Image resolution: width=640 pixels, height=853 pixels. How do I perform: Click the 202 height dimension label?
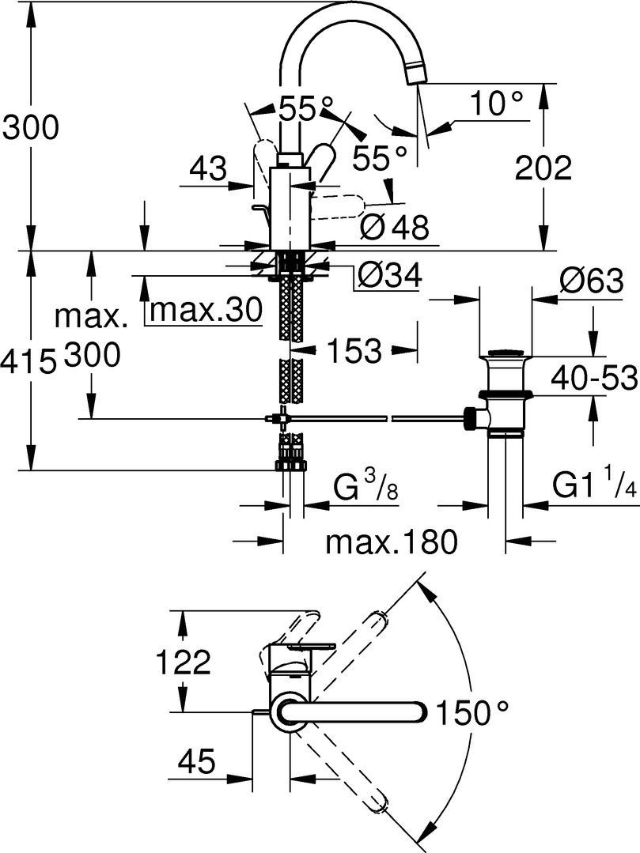tap(543, 168)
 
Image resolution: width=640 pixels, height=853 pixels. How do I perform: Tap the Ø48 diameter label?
tap(393, 228)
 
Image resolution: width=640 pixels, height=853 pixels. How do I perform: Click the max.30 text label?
tap(205, 311)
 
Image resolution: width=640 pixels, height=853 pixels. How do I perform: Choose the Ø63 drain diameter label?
tap(589, 281)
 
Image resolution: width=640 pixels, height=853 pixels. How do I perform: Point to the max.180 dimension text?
tap(392, 542)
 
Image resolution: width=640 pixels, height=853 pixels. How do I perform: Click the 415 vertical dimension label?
tap(28, 361)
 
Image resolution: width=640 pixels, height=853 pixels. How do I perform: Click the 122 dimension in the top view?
tap(183, 662)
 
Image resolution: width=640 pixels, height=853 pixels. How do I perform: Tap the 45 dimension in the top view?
tap(196, 762)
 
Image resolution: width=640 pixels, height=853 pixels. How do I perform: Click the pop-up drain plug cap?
tap(506, 353)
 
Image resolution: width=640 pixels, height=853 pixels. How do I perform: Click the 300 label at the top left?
tap(30, 126)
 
